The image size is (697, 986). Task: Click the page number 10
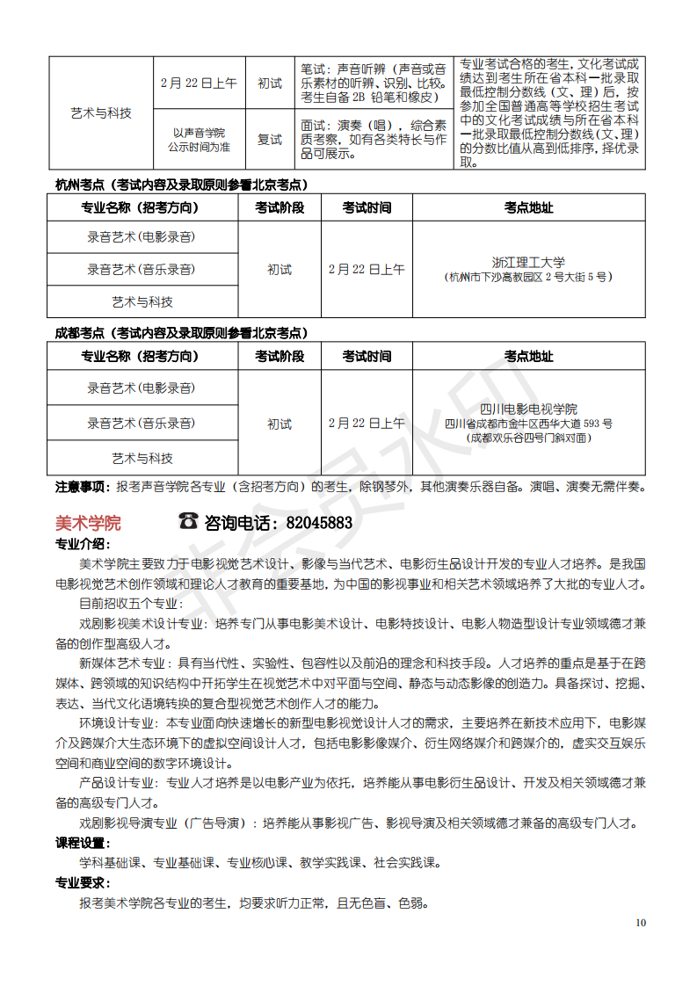point(641,922)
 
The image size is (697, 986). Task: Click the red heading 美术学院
point(88,522)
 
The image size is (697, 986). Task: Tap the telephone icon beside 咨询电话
point(188,521)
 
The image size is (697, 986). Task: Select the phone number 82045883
point(319,523)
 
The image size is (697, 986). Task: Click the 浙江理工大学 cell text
point(528,262)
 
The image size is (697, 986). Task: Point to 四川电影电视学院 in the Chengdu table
point(528,409)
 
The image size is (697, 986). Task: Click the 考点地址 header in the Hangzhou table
point(528,208)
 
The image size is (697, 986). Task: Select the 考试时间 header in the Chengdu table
point(367,356)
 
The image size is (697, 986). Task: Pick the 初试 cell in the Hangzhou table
point(280,270)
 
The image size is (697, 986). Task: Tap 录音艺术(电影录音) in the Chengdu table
point(142,388)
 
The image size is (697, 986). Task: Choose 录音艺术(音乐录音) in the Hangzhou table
point(142,270)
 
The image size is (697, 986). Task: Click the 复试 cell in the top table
point(270,140)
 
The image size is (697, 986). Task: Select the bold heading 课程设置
point(82,843)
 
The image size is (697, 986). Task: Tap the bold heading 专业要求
point(82,882)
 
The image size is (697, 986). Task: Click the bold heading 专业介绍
point(82,544)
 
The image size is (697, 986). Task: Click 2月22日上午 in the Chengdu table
point(367,423)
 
